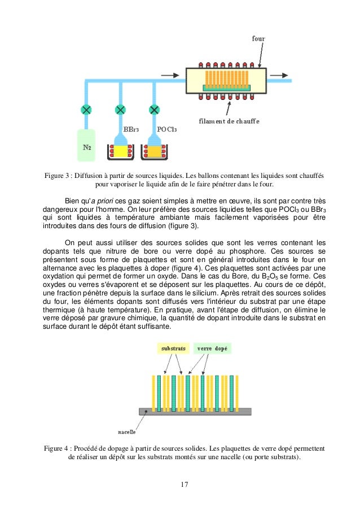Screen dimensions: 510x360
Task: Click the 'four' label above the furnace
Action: (258, 39)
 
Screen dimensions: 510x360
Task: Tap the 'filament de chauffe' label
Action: (229, 121)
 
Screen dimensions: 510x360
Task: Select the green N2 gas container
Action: (87, 145)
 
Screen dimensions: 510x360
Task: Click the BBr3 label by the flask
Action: (131, 130)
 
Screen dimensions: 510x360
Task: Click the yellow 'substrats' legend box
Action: (170, 349)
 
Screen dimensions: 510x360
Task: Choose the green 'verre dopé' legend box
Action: (212, 349)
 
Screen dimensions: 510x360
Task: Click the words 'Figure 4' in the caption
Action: (58, 448)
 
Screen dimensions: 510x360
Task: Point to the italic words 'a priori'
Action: (102, 200)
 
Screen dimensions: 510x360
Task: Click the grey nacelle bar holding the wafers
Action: (195, 412)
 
